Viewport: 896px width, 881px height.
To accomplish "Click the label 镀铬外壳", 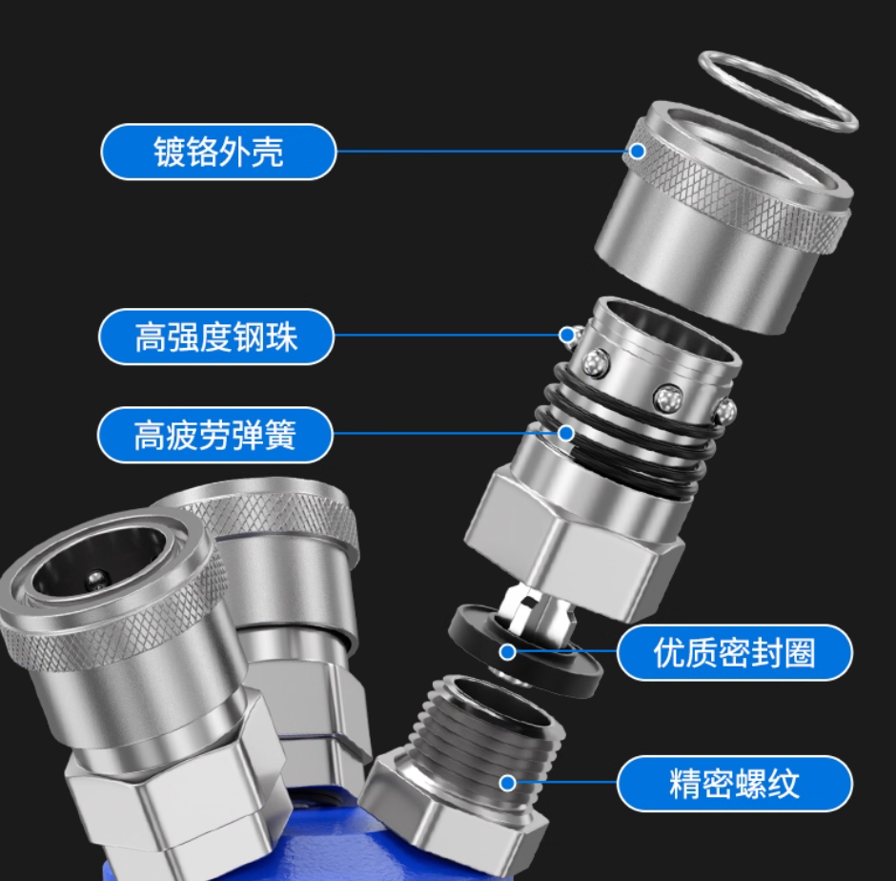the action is (x=218, y=152).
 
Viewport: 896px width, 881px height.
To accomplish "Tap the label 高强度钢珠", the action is (x=216, y=337).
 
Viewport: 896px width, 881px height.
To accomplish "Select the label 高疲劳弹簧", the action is (x=214, y=435).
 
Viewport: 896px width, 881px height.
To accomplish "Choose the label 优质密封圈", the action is (x=734, y=652).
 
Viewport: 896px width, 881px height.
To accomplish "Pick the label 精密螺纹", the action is (x=734, y=783).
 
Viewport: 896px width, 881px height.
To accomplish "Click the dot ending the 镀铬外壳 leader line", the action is (x=637, y=152).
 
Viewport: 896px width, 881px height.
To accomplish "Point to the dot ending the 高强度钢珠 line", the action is (x=567, y=336).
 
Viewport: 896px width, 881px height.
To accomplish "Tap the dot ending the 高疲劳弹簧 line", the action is (x=565, y=434).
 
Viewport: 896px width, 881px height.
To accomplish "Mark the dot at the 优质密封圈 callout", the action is (x=507, y=652).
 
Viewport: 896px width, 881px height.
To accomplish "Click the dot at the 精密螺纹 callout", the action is (x=507, y=783).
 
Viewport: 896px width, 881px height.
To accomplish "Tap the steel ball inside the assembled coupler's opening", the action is (x=96, y=581).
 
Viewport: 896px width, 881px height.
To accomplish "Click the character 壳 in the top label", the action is (x=267, y=152).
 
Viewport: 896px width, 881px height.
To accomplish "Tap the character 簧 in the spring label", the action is (x=279, y=435).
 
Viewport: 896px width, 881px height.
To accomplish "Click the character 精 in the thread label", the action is (x=685, y=784).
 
